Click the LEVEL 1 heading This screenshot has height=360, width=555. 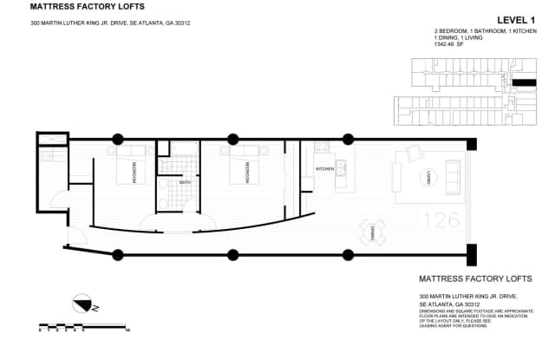tap(515, 19)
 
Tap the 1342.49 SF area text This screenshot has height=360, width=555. tap(451, 44)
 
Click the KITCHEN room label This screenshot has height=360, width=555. tap(324, 168)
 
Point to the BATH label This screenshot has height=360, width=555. tap(184, 183)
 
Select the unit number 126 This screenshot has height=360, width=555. tap(441, 220)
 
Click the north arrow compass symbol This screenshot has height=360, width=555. tap(83, 304)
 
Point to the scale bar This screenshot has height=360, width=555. tap(83, 329)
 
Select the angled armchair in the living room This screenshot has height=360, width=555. tap(414, 154)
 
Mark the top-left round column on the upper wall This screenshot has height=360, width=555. tap(117, 139)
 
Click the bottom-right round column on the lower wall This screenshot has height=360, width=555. tap(349, 254)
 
